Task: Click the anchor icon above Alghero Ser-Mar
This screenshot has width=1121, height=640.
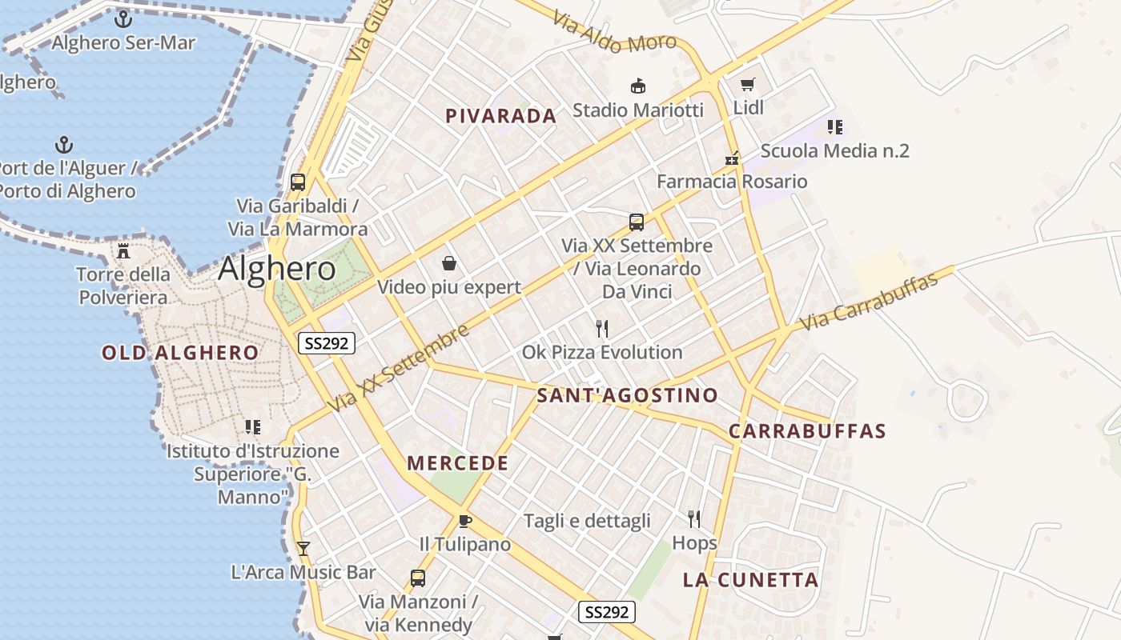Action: (x=123, y=19)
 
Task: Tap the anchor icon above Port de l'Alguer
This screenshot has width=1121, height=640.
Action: (x=64, y=145)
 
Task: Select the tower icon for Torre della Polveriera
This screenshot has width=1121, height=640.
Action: (x=123, y=250)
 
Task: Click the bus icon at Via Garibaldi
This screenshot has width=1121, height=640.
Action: (x=298, y=182)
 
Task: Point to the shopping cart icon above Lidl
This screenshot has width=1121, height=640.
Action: (x=748, y=84)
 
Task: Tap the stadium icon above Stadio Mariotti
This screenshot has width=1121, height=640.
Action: (x=638, y=86)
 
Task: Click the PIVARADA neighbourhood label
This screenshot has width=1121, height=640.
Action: (x=500, y=116)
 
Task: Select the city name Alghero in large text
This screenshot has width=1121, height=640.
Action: (x=277, y=269)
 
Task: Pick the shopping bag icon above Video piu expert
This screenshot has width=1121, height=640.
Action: (x=449, y=263)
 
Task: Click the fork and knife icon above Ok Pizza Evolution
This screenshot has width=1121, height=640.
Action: (x=602, y=328)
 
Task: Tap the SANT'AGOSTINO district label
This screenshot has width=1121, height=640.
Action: (x=627, y=395)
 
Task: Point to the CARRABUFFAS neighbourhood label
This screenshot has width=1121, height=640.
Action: (x=807, y=431)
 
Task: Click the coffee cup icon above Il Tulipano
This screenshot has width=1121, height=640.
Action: (x=464, y=522)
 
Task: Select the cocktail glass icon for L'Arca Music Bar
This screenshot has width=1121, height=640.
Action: (x=303, y=549)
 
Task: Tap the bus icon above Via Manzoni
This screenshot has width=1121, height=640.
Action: (x=417, y=578)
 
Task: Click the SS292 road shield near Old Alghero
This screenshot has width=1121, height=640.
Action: (x=327, y=343)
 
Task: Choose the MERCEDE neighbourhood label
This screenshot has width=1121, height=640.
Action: (x=458, y=463)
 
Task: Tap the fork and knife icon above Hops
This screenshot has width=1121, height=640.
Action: (x=694, y=519)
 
